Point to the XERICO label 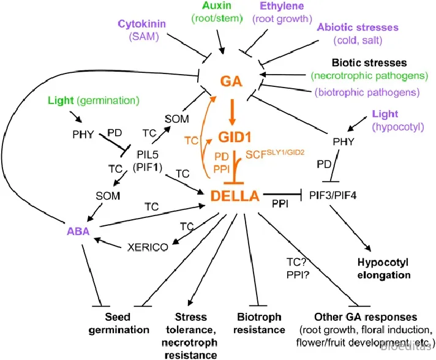click(149, 248)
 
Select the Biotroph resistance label click(260, 323)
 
